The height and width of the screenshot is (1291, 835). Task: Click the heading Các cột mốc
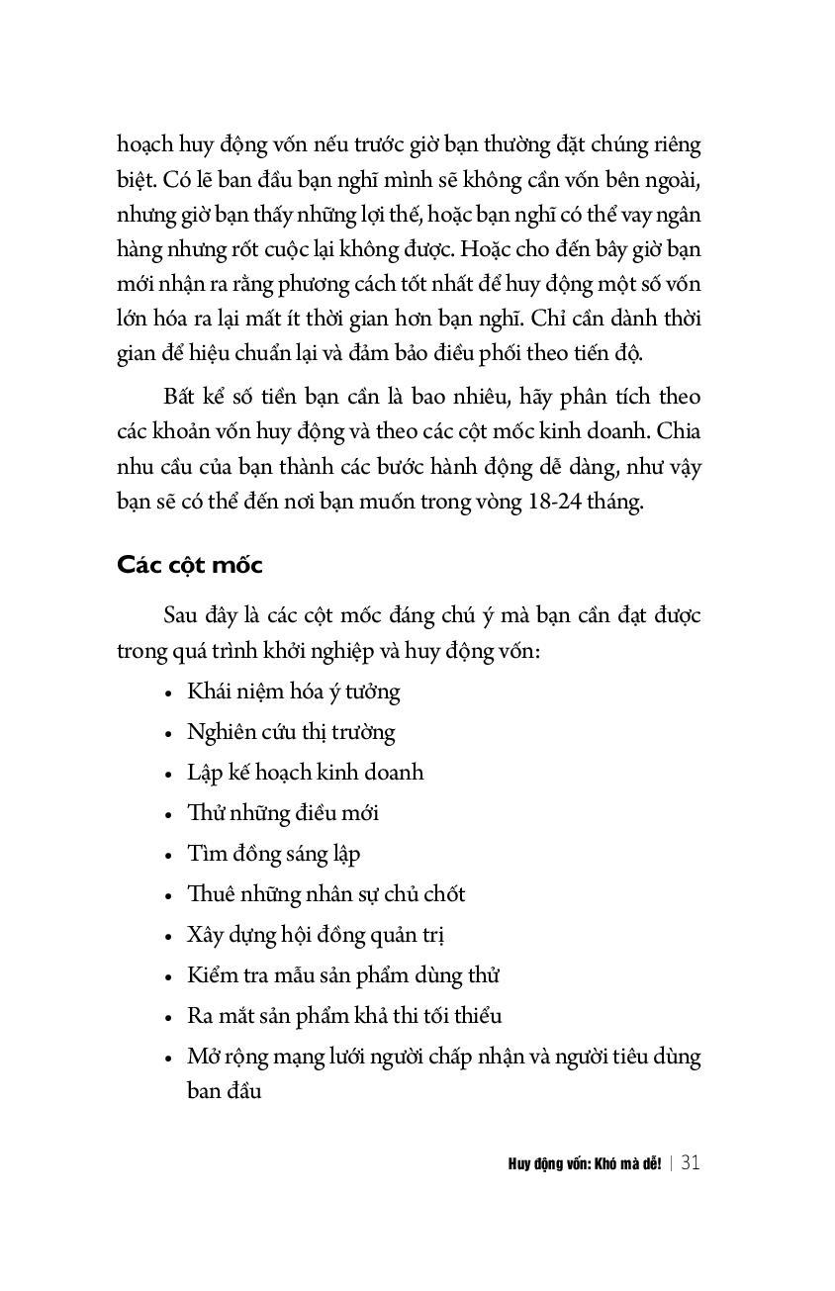tap(190, 565)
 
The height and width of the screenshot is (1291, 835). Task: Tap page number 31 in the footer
tap(691, 1162)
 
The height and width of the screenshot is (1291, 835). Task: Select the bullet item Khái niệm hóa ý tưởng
tap(294, 691)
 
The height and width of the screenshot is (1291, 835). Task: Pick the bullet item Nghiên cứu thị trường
tap(291, 732)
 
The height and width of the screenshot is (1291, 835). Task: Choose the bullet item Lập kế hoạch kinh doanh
tap(305, 772)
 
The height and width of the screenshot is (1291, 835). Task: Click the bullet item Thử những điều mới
tap(283, 813)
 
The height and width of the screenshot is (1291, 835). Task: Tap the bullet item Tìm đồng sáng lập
tap(274, 854)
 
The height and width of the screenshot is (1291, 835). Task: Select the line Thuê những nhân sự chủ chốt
tap(325, 894)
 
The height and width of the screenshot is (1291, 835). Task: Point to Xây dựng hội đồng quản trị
tap(323, 935)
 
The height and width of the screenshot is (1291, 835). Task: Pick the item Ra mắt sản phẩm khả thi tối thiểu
tap(344, 1016)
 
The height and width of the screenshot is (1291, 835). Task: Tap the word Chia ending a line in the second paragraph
tap(679, 432)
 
